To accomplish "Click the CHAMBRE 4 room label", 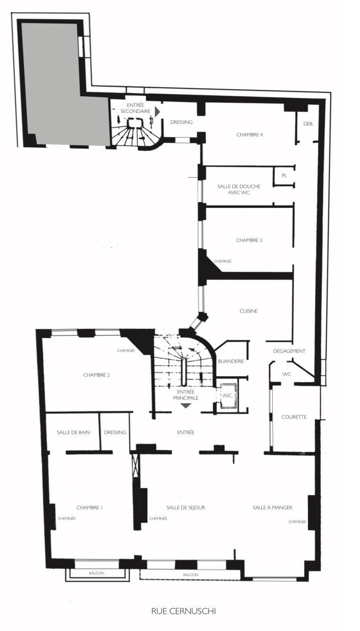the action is [250, 135].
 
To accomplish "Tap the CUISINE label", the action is [248, 311].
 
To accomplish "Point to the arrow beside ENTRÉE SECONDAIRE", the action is [157, 112].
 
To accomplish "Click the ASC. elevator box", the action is [228, 396].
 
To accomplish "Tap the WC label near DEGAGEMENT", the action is [287, 374].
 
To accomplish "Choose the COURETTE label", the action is [294, 417].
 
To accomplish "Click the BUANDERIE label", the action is [231, 361].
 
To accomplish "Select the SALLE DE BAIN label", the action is [73, 432].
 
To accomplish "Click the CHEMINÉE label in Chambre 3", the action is [222, 261].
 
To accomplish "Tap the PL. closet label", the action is [284, 176].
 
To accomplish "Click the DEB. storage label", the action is [309, 124].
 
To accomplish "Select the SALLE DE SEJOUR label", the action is [186, 508].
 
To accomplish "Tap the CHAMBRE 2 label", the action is [97, 375].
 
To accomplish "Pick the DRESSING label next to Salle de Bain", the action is [115, 432].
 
